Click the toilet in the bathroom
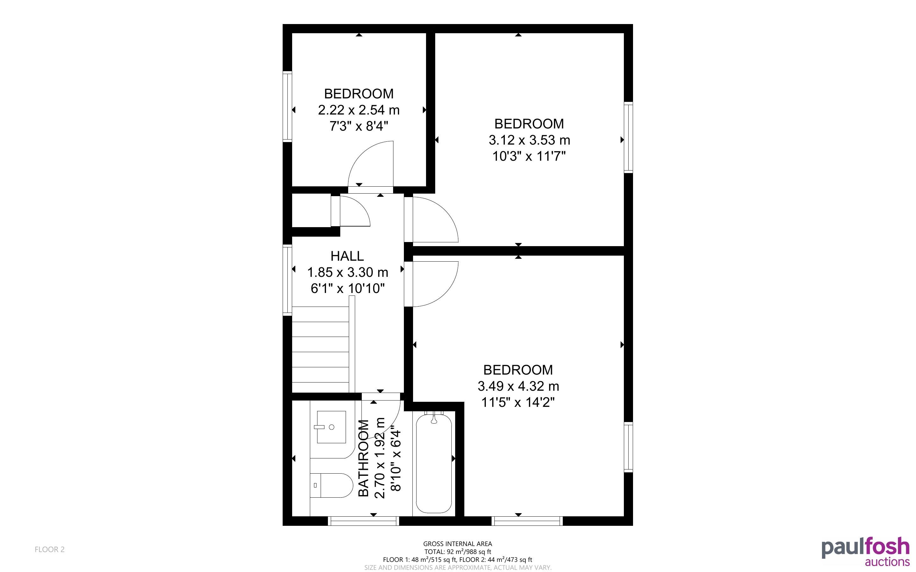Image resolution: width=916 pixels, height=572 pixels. tap(331, 485)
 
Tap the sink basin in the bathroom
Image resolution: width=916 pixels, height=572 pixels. tap(331, 427)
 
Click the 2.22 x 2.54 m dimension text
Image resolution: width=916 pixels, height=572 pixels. tap(359, 110)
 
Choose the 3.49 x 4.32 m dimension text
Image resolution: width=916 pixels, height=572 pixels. tap(518, 386)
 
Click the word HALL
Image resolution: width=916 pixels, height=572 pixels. tap(347, 256)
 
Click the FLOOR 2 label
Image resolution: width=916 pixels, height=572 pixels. tap(50, 549)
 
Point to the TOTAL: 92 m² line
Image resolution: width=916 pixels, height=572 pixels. tap(457, 551)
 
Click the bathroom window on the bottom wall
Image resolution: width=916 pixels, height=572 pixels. tap(363, 521)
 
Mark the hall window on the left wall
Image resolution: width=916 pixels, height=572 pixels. tap(287, 280)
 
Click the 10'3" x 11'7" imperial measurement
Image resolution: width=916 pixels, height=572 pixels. tap(529, 156)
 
